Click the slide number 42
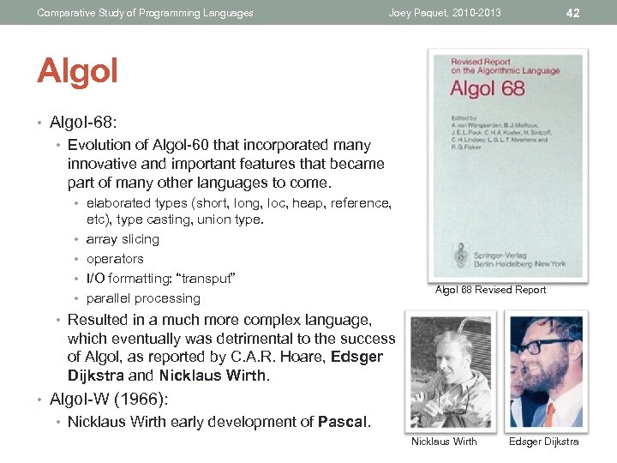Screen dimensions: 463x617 (x=573, y=12)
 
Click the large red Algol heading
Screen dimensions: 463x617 (x=77, y=72)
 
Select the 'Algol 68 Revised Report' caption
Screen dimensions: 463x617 (x=490, y=290)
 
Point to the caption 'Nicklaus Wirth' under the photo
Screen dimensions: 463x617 (x=444, y=442)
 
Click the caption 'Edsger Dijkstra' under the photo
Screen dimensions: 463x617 (x=543, y=442)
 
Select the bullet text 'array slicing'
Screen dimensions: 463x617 (x=123, y=239)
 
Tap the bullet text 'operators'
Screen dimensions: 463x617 (x=115, y=259)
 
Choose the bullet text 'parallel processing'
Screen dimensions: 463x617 (x=143, y=298)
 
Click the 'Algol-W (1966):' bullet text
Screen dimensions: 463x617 (x=109, y=399)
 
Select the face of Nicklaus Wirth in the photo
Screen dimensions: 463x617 (x=445, y=352)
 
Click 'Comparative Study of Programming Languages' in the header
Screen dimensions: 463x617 (x=145, y=13)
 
